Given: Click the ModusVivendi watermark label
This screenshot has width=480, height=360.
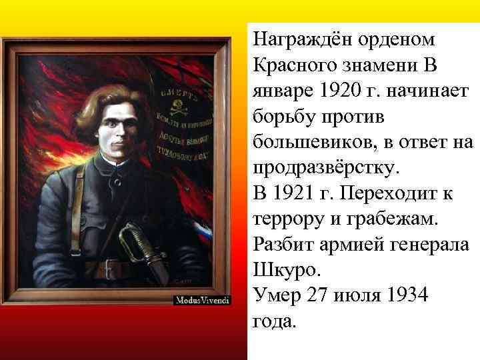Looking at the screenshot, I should coord(202,301).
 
